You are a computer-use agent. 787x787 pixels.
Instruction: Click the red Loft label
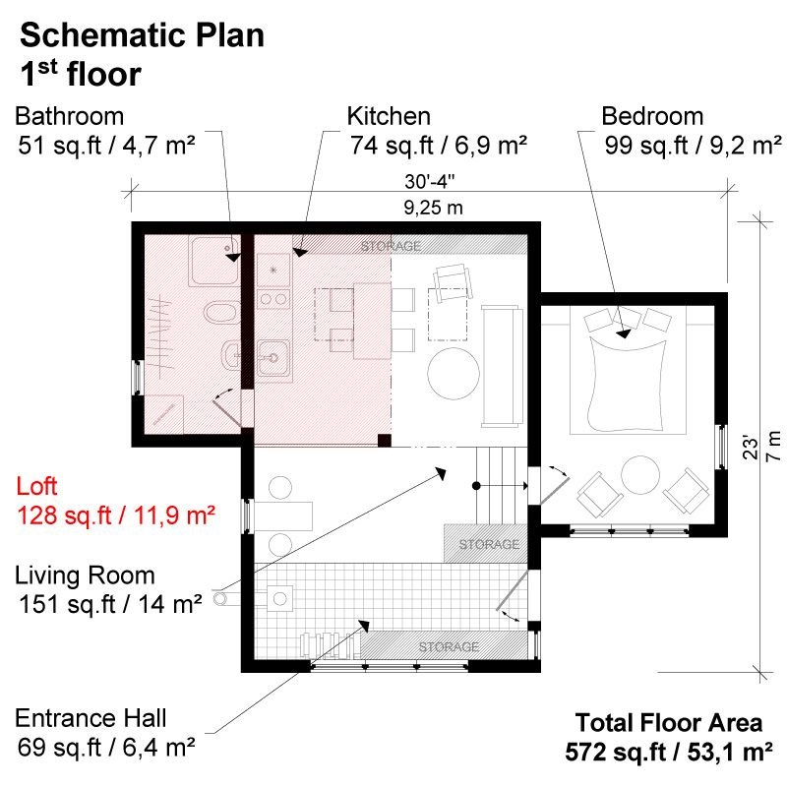pyautogui.click(x=36, y=486)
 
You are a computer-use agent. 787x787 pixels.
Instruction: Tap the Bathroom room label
pyautogui.click(x=69, y=116)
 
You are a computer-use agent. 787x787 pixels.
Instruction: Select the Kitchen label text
pyautogui.click(x=389, y=116)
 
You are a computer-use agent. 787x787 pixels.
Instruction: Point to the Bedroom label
pyautogui.click(x=652, y=116)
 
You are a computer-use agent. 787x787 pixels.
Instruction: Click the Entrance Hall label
pyautogui.click(x=91, y=718)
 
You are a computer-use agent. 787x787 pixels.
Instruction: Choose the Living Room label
pyautogui.click(x=85, y=575)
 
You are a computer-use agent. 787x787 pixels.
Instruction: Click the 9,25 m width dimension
pyautogui.click(x=433, y=208)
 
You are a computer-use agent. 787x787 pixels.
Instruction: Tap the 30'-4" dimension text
pyautogui.click(x=430, y=181)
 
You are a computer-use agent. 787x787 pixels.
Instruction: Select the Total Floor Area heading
pyautogui.click(x=669, y=723)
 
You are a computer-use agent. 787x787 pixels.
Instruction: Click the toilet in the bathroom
pyautogui.click(x=221, y=312)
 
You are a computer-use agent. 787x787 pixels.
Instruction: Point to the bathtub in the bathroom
pyautogui.click(x=214, y=262)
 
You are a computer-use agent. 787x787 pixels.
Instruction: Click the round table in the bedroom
pyautogui.click(x=640, y=475)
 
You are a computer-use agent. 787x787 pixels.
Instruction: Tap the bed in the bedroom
pyautogui.click(x=628, y=371)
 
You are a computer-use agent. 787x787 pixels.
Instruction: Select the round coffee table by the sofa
pyautogui.click(x=454, y=374)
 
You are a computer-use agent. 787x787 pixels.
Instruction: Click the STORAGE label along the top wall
pyautogui.click(x=391, y=246)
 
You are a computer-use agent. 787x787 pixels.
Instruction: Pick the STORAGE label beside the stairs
pyautogui.click(x=489, y=544)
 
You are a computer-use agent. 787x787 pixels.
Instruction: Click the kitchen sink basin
pyautogui.click(x=273, y=358)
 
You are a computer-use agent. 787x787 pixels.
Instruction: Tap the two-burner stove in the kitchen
pyautogui.click(x=273, y=300)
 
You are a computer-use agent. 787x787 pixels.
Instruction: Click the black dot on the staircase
pyautogui.click(x=476, y=486)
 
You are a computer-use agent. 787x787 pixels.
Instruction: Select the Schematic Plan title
pyautogui.click(x=142, y=35)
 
